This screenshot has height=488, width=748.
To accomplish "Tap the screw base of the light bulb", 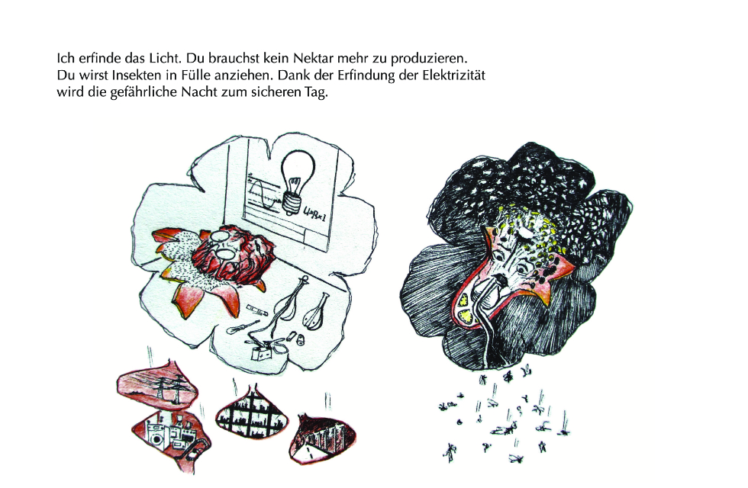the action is (291, 203).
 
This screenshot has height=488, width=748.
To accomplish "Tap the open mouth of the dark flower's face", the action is (499, 279).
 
